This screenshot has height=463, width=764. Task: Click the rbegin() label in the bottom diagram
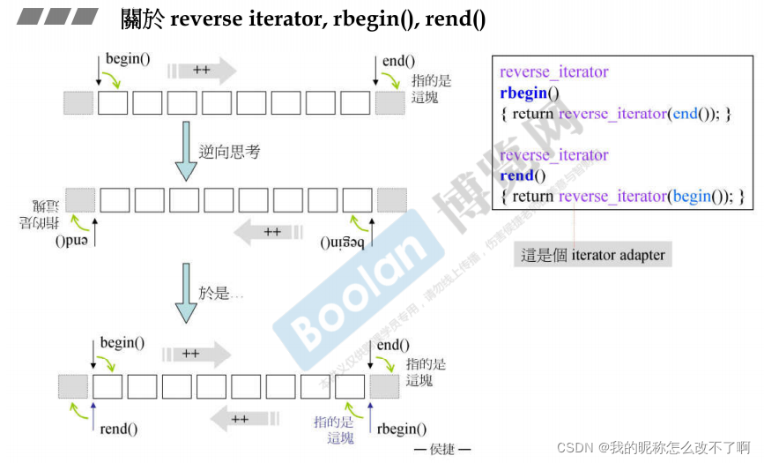point(401,429)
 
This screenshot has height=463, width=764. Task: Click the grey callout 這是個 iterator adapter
point(593,256)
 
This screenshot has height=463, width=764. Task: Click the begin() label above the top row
point(128,59)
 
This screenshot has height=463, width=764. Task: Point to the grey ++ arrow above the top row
point(203,70)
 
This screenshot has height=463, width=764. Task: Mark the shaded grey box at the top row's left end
point(78,102)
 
